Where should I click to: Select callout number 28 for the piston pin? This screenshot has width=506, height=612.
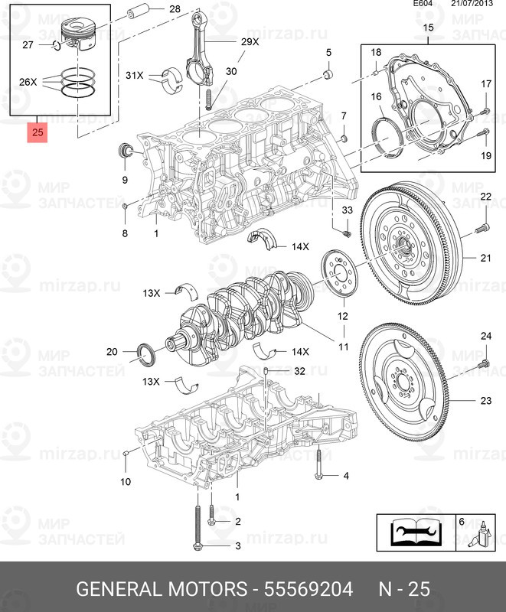[175, 10]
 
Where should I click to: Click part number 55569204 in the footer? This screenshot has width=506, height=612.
[308, 589]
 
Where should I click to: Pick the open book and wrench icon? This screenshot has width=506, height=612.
[414, 532]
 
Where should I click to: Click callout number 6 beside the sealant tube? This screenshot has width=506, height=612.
[461, 521]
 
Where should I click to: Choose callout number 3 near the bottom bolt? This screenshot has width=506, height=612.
[237, 545]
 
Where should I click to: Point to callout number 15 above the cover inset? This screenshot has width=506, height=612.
[428, 29]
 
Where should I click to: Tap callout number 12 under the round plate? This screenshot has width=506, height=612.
[342, 316]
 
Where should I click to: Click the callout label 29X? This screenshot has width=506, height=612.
[250, 43]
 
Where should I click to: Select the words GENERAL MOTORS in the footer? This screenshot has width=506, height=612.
[161, 589]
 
